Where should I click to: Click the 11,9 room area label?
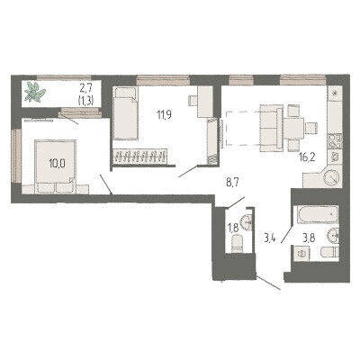click(164, 114)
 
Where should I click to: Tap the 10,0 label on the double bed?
click(58, 164)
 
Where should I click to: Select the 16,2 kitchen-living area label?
click(307, 157)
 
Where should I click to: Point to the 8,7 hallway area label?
click(232, 183)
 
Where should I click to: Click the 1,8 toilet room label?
click(233, 229)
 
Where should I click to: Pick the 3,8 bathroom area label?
click(307, 239)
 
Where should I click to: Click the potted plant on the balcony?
click(35, 92)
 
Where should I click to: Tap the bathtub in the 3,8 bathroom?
click(318, 214)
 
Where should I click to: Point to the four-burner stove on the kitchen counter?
click(335, 140)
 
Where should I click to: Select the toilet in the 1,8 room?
click(237, 244)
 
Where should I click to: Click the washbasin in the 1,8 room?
click(248, 222)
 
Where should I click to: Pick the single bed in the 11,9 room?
click(125, 113)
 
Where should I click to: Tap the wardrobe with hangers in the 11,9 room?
click(139, 156)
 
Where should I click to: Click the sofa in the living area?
click(271, 128)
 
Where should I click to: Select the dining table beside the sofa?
click(294, 128)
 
